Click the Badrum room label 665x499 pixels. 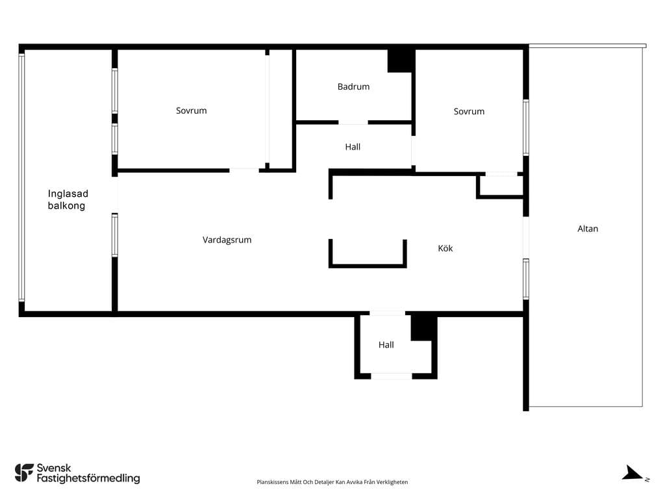click(x=353, y=86)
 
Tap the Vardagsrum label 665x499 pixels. click(x=227, y=240)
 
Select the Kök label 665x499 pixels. click(x=445, y=248)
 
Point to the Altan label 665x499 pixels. click(x=588, y=229)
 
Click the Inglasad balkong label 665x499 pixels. click(x=68, y=199)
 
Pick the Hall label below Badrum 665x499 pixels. click(x=353, y=147)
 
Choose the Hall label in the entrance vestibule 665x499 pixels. click(x=386, y=345)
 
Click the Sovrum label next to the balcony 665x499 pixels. click(x=192, y=110)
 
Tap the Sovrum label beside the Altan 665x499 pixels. click(x=469, y=112)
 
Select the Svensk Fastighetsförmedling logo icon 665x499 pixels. click(x=24, y=473)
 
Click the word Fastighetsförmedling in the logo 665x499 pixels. click(x=88, y=479)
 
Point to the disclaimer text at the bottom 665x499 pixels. click(x=332, y=482)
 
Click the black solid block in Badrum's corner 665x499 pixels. click(x=400, y=60)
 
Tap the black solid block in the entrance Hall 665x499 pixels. click(x=423, y=327)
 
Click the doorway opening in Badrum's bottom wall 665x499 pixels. click(x=353, y=122)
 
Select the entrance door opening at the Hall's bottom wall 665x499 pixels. click(x=392, y=376)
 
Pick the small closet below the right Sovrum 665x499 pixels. click(x=500, y=186)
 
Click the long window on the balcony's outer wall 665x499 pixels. click(x=21, y=177)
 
